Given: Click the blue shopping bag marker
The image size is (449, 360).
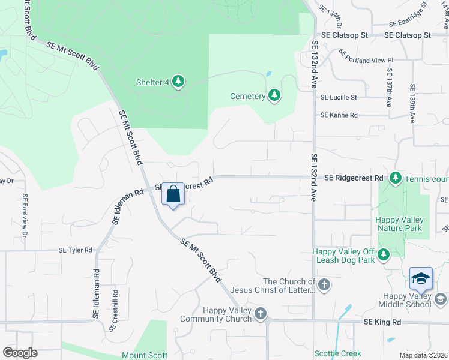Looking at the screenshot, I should point(173,195).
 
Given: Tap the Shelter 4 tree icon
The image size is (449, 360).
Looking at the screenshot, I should point(178,81).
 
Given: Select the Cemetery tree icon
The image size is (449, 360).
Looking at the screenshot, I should point(274,95).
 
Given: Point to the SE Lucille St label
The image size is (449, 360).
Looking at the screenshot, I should point(339,97).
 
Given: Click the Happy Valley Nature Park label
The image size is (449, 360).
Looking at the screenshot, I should point(399,224).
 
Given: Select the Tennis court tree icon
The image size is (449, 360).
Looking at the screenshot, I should point(395,178).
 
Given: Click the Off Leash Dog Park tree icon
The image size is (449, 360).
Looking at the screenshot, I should point(384,255).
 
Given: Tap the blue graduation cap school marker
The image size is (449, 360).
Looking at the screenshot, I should point(421,279).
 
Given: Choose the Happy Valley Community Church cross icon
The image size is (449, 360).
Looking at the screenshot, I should point(260,313).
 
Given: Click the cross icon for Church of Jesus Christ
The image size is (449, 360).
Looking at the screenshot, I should point(324,284).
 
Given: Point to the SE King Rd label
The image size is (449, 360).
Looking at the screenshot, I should point(382,322).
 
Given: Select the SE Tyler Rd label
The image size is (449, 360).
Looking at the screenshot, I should point(76,250).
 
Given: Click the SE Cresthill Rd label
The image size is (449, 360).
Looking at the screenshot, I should point(114,310).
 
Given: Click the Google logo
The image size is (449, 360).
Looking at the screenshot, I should point(20,352).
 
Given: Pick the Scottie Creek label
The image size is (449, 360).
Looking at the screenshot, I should point(339,353).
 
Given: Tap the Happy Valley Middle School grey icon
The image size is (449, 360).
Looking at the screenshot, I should point(441,299).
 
